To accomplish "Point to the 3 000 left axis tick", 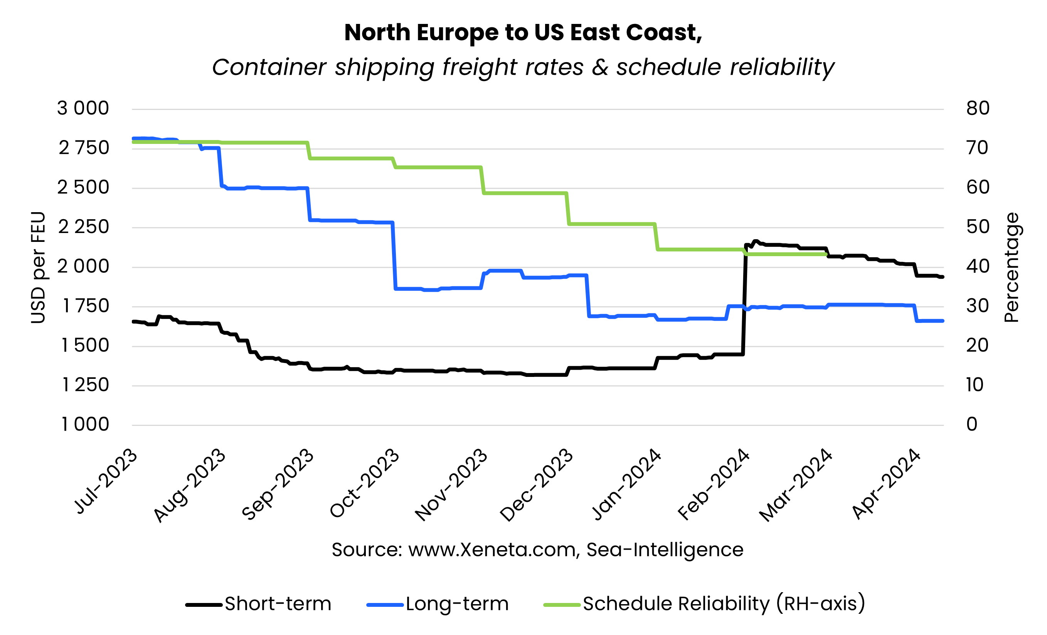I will click(83, 108).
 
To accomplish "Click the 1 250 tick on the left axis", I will click(85, 385).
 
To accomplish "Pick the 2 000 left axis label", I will click(83, 267).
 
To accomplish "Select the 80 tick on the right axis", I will click(978, 108).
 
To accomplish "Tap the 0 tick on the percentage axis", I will click(972, 424).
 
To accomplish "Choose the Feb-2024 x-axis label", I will click(714, 485).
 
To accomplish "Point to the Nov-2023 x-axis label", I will click(451, 485).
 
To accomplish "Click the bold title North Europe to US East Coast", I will click(523, 33).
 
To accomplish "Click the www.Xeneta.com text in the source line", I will click(493, 550).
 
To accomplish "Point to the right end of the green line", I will click(825, 254).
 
